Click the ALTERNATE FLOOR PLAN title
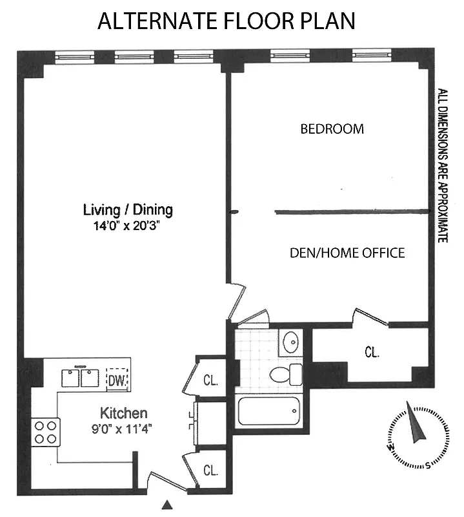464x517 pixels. [227, 21]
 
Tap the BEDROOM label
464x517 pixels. [332, 129]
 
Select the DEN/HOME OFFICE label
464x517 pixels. [347, 253]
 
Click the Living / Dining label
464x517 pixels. [128, 209]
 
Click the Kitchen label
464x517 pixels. [123, 413]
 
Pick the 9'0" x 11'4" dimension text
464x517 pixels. [126, 428]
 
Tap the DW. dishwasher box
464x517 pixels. [117, 380]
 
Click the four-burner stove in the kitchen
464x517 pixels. [45, 432]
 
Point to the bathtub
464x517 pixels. [268, 413]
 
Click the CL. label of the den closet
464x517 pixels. [372, 353]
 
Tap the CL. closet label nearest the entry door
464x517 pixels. [210, 470]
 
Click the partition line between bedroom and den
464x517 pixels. [352, 211]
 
